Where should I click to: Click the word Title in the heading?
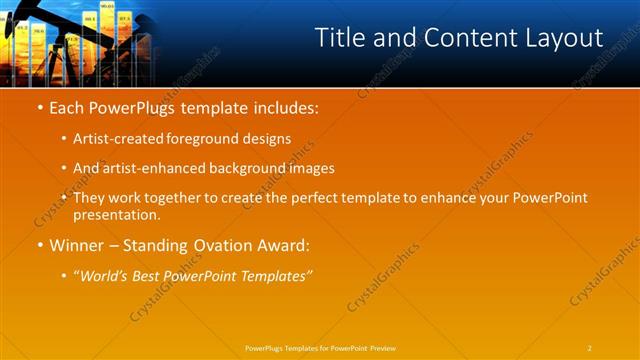[x=343, y=38]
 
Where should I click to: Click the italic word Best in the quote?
[x=154, y=274]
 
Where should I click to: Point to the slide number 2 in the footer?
[x=590, y=347]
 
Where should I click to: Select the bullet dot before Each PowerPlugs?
[x=39, y=106]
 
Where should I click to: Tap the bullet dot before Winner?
[x=39, y=244]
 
